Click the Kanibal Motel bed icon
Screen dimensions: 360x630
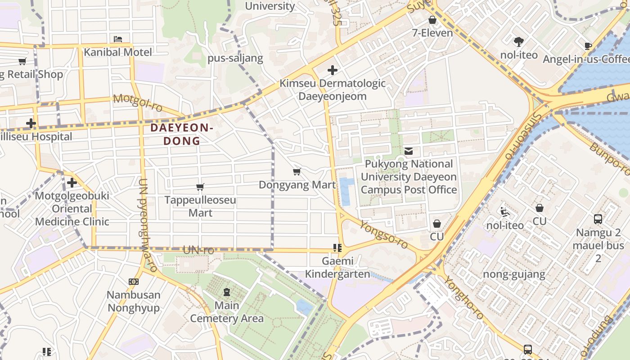click(118, 39)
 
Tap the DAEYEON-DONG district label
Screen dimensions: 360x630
click(182, 134)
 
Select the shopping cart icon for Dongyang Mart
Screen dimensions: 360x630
click(297, 172)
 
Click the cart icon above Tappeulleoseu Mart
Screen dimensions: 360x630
click(200, 187)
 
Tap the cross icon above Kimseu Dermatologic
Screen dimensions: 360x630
click(333, 70)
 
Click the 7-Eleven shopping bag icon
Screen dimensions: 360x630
click(432, 20)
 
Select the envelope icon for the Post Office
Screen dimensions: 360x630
click(409, 151)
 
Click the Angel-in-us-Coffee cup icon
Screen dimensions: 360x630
click(588, 46)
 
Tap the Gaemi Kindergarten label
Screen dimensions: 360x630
click(337, 267)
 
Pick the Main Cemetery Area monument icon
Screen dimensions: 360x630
click(226, 292)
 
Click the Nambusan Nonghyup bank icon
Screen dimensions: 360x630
click(134, 282)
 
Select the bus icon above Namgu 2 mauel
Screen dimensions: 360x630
click(598, 219)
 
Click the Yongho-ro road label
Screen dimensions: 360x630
click(463, 298)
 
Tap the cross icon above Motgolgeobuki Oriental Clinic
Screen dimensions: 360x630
click(72, 183)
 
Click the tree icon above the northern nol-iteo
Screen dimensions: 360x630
click(519, 42)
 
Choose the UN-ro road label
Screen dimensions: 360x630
click(198, 250)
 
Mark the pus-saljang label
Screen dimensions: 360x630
click(235, 58)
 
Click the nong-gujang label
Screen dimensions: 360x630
click(514, 274)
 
